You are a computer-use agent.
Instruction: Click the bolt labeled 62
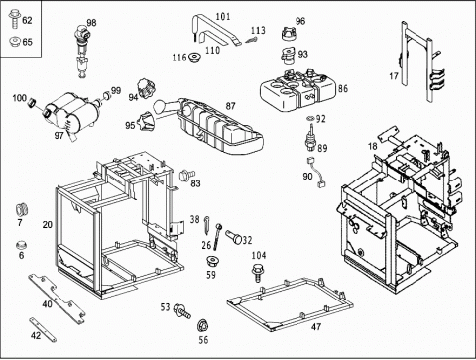[x=14, y=19]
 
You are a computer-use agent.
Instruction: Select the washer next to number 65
[x=15, y=42]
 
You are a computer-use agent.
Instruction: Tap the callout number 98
[x=91, y=23]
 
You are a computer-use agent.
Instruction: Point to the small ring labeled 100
[x=32, y=102]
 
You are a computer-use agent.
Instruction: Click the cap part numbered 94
[x=146, y=88]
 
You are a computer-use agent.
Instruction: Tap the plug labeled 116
[x=195, y=58]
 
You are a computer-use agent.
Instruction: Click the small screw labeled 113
[x=251, y=40]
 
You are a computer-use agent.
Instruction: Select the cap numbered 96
[x=289, y=33]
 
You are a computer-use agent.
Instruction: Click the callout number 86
[x=343, y=88]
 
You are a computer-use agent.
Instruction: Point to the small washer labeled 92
[x=310, y=118]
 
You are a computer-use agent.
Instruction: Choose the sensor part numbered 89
[x=311, y=138]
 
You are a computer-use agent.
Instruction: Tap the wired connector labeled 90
[x=316, y=172]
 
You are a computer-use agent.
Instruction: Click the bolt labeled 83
[x=187, y=175]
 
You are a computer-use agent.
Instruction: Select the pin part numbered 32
[x=234, y=237]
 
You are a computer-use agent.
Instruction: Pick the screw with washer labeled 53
[x=182, y=311]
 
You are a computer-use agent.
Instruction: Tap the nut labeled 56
[x=203, y=326]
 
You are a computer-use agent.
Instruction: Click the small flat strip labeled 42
[x=43, y=329]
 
